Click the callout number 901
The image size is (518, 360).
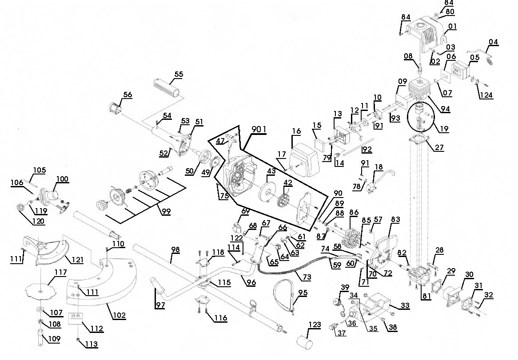pyautogui.click(x=258, y=129)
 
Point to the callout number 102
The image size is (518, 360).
pyautogui.click(x=119, y=315)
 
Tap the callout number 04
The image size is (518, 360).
pyautogui.click(x=493, y=42)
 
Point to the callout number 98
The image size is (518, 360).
pyautogui.click(x=175, y=250)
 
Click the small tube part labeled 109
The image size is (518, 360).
pyautogui.click(x=40, y=336)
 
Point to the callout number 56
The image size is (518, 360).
pyautogui.click(x=128, y=94)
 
